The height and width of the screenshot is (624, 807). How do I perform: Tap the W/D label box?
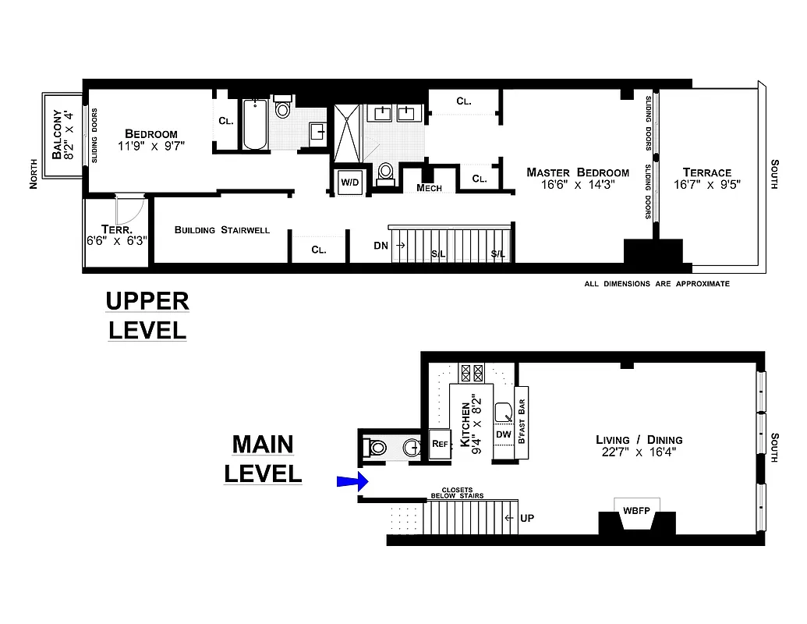(x=349, y=182)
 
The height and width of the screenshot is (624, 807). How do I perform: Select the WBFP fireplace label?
(x=636, y=510)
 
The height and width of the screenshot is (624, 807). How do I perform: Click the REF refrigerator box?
(x=439, y=444)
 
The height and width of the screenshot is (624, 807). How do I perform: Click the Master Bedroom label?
(x=577, y=179)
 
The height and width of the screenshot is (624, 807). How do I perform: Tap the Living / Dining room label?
(x=639, y=445)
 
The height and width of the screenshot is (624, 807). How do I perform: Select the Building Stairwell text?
(x=222, y=230)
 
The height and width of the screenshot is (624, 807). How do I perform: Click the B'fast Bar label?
(x=522, y=422)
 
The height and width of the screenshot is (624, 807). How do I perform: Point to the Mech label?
(x=429, y=188)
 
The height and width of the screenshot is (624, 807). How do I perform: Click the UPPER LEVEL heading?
(x=147, y=314)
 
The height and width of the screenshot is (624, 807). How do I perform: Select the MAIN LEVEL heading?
(x=263, y=459)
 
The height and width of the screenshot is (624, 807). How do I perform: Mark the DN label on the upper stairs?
(x=380, y=245)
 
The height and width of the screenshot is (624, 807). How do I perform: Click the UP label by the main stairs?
(x=527, y=518)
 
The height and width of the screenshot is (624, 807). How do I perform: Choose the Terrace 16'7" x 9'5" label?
(x=706, y=179)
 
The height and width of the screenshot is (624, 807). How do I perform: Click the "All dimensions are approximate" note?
(x=657, y=284)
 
